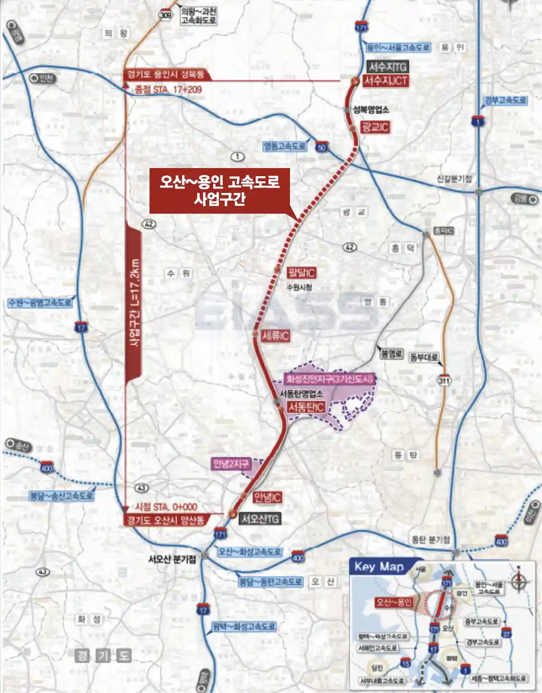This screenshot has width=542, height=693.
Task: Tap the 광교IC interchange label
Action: pos(374,127)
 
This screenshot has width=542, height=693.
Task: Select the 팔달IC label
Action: pos(301,273)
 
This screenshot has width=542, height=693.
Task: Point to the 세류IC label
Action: pos(275,336)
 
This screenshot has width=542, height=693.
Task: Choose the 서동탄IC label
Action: pos(306,407)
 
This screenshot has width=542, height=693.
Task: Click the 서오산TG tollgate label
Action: pos(260,519)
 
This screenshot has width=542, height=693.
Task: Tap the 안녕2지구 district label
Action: pos(231,464)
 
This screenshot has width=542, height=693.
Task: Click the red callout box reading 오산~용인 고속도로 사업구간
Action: pos(219,190)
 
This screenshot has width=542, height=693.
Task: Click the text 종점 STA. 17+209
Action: pos(168,89)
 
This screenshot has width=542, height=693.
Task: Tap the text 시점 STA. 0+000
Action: pos(166,507)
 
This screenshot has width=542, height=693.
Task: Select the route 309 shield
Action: pos(166,15)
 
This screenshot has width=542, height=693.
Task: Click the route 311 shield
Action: pos(444,381)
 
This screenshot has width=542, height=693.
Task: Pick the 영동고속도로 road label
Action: pos(285,146)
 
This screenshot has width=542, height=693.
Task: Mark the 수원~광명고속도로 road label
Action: pos(40,303)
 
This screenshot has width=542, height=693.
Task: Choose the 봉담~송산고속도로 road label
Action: pos(61,496)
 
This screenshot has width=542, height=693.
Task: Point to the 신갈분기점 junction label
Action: pos(454,179)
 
